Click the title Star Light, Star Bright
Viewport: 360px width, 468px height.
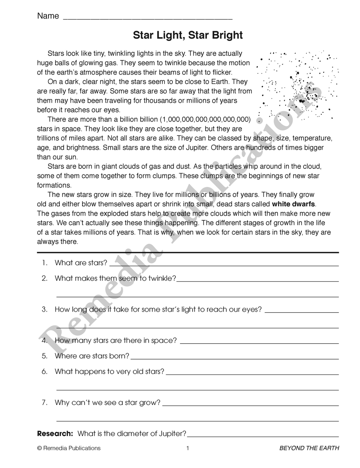pos(188,35)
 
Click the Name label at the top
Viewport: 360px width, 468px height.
pos(48,16)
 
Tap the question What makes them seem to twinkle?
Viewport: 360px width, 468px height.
pos(115,278)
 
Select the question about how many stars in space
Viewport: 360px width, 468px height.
pos(116,341)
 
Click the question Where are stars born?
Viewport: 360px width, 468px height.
pos(92,356)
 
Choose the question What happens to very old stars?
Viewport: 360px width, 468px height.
pos(109,372)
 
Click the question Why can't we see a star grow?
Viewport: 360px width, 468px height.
pos(107,402)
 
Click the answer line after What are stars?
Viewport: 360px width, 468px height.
pos(223,265)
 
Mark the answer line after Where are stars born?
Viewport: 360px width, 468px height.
pos(234,359)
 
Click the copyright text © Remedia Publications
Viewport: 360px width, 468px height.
pos(69,448)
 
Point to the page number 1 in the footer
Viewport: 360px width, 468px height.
pos(188,448)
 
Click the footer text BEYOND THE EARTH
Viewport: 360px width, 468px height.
pos(309,448)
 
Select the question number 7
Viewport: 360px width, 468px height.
pos(45,402)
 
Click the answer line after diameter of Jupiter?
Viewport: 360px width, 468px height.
pos(263,436)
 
